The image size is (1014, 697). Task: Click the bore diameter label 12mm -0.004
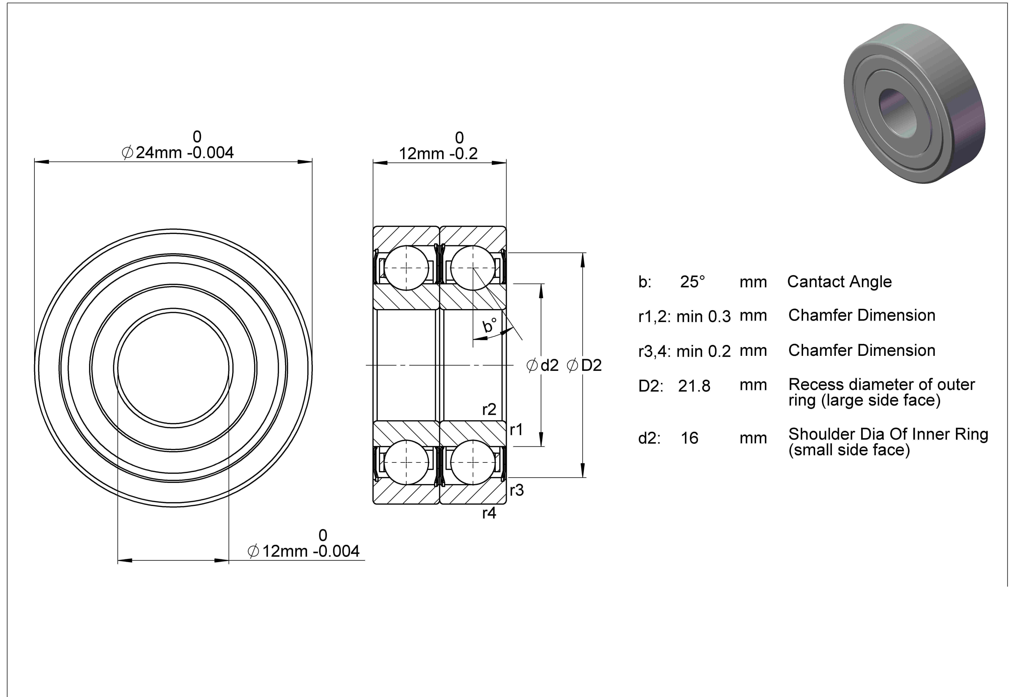click(303, 551)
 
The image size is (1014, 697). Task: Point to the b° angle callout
click(490, 325)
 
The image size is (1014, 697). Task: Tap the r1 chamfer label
click(516, 430)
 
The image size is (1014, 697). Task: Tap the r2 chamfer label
click(489, 409)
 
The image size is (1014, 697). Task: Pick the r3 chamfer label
click(516, 490)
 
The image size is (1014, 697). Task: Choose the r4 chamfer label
click(489, 513)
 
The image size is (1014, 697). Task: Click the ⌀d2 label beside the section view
click(543, 365)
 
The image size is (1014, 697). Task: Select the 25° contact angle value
click(692, 282)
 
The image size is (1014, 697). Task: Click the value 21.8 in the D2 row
click(694, 386)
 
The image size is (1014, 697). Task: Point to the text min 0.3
click(703, 316)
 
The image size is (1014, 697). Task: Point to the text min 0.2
click(703, 351)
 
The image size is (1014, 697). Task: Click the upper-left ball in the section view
click(406, 268)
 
